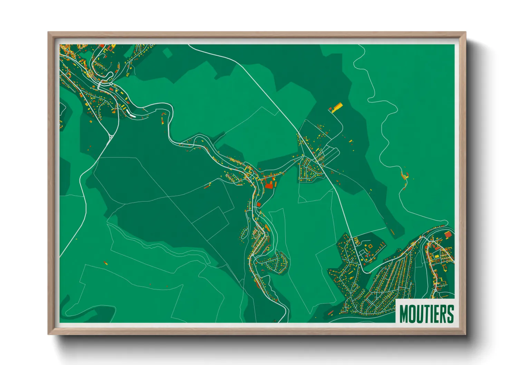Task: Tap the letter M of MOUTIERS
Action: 404,314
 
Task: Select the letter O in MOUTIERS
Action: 412,314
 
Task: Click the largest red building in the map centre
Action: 269,185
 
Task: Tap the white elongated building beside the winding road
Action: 130,114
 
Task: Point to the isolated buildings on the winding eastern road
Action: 405,176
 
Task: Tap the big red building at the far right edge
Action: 448,235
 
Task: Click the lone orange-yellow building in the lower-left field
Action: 106,263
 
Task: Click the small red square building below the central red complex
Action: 259,205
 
